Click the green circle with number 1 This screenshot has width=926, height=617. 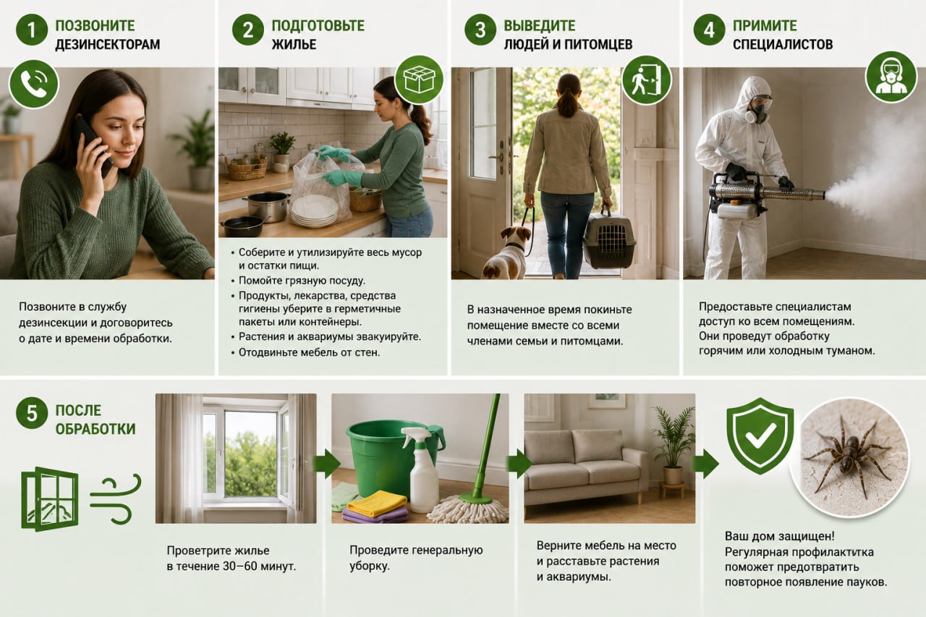31,30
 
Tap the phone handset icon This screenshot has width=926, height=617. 33,85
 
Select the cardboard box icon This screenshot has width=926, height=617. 419,80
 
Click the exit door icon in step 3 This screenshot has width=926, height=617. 647,80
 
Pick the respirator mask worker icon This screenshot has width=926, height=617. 891,77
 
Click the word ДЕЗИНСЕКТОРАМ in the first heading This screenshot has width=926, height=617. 108,44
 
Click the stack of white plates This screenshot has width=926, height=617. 315,212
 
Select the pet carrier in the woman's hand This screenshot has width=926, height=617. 609,240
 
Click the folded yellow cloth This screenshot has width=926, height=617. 377,503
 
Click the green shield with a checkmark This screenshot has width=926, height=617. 760,435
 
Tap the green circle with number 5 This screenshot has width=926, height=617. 31,414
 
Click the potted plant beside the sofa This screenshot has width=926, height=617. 673,447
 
